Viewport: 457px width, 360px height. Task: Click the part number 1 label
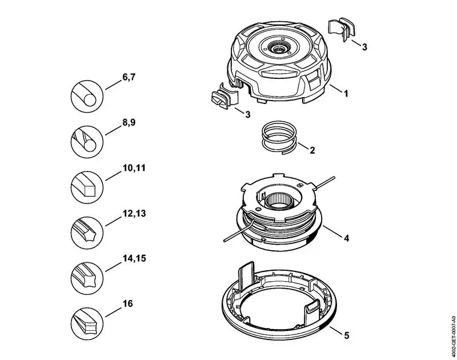[346, 91]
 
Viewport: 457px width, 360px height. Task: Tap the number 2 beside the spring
[312, 151]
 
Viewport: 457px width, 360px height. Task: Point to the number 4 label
[346, 239]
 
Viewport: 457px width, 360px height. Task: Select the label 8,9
[129, 122]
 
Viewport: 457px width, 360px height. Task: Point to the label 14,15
[134, 258]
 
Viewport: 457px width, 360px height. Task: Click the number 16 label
[128, 303]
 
